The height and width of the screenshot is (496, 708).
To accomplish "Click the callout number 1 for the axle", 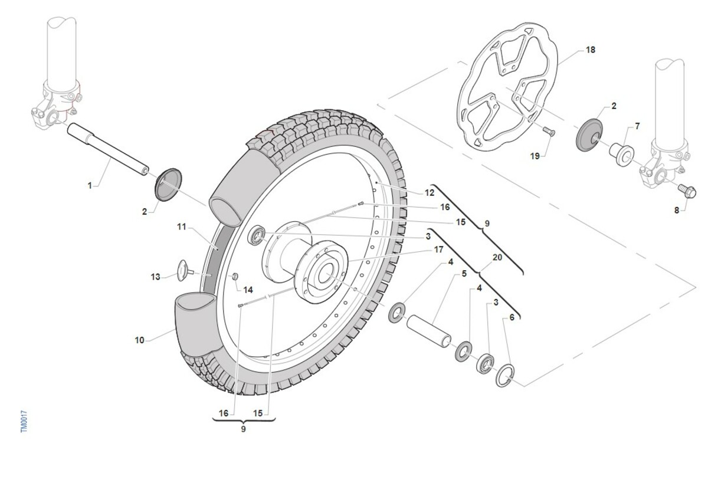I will (x=90, y=186).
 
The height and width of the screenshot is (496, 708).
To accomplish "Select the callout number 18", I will (x=590, y=50).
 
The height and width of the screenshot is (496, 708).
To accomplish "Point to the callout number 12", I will (x=429, y=192).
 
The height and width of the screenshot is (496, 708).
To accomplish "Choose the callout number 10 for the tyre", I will (x=139, y=340).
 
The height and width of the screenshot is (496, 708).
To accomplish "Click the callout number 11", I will (x=182, y=226).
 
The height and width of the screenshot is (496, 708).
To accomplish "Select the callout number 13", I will (x=155, y=277).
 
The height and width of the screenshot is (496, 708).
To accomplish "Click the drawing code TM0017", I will (x=24, y=422).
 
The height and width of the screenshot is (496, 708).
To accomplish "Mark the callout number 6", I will (x=511, y=317).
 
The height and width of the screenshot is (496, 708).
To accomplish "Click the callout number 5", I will (x=464, y=274).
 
